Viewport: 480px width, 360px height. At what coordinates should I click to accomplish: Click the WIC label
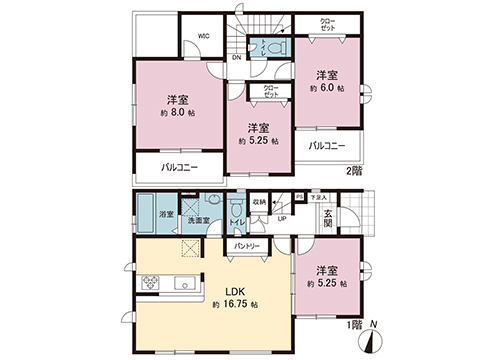pos(203,35)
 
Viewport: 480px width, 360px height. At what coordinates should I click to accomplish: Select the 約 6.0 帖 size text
pos(326,89)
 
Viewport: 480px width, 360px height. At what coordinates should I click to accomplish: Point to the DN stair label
pos(236,57)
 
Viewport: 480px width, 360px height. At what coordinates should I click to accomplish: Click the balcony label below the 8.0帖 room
pos(180,167)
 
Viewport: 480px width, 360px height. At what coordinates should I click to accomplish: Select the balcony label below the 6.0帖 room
pos(327,146)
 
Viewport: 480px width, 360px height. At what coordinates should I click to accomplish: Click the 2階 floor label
pos(354,170)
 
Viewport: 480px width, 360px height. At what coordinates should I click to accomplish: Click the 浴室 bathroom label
pos(169,212)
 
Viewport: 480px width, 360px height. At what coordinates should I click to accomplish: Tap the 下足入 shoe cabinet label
pos(318,198)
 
